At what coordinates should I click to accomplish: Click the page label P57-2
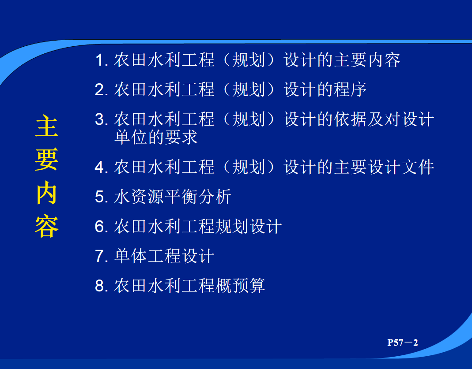coord(403,343)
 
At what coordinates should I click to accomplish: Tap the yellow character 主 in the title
coord(47,126)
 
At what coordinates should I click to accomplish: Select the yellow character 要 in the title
coord(47,160)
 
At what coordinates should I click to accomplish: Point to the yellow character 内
coord(47,193)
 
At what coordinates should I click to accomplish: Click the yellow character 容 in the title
coord(47,226)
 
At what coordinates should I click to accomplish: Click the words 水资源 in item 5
coord(139,197)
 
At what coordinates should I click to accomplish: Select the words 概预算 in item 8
coord(240,286)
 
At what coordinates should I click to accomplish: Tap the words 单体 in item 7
coord(131,256)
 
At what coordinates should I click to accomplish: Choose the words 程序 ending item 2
coord(350,89)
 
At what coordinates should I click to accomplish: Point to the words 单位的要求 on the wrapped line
coord(156,137)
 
